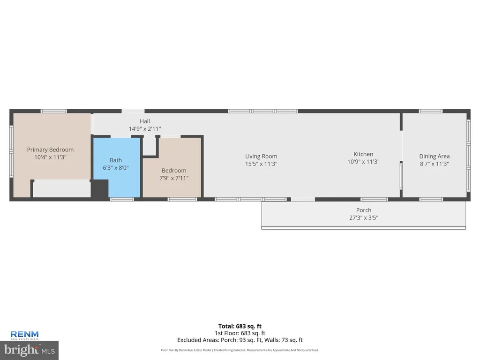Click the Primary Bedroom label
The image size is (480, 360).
pyautogui.click(x=50, y=150)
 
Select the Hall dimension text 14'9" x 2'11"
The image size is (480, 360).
pyautogui.click(x=145, y=129)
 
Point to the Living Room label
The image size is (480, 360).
pyautogui.click(x=261, y=156)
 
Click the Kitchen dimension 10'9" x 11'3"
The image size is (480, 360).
pyautogui.click(x=363, y=162)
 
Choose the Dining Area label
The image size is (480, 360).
pyautogui.click(x=435, y=156)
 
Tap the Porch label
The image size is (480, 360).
pyautogui.click(x=364, y=210)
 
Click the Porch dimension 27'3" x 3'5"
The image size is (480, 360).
pyautogui.click(x=364, y=217)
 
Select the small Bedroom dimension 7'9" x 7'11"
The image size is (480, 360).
pyautogui.click(x=174, y=178)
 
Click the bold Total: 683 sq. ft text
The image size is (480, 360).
pyautogui.click(x=240, y=326)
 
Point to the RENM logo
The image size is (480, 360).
pyautogui.click(x=24, y=335)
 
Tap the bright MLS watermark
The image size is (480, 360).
pyautogui.click(x=30, y=350)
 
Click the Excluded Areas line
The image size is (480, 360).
pyautogui.click(x=240, y=340)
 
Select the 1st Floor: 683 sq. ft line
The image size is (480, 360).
pyautogui.click(x=240, y=333)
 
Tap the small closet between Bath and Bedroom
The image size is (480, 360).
pyautogui.click(x=150, y=146)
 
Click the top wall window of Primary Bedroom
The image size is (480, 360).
pyautogui.click(x=54, y=111)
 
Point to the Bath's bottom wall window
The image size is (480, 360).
pyautogui.click(x=122, y=199)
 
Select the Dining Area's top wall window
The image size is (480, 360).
pyautogui.click(x=431, y=111)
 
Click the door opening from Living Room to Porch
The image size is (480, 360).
pyautogui.click(x=303, y=199)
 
